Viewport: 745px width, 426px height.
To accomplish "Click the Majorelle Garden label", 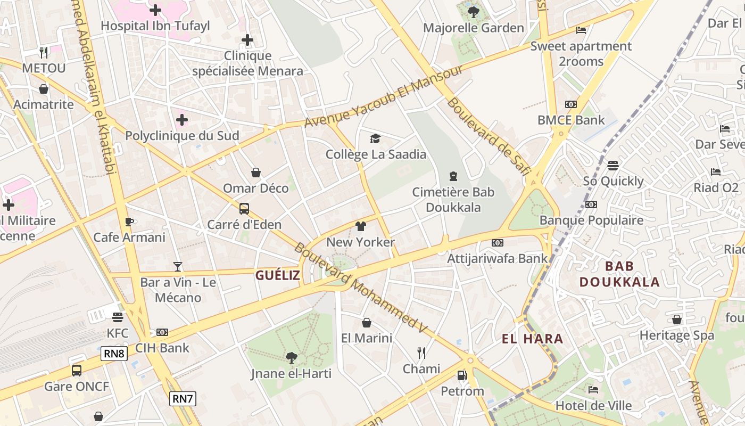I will coord(473,28).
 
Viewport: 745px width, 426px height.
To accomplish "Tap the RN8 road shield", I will coord(114,353).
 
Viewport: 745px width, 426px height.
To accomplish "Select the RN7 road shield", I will coord(183,398).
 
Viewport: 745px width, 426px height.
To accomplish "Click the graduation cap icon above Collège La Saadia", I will coord(376,138).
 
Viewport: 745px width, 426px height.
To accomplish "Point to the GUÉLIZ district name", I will coord(277,275).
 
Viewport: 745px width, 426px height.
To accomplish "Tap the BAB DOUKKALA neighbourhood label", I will coord(619,274).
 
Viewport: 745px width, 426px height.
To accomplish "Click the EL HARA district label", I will coord(532,339).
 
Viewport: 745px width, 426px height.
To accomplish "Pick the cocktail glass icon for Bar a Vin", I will coord(178,266).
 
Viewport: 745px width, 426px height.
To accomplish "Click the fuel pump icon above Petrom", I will coord(462,375).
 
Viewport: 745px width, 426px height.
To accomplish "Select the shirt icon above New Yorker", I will coord(360,226).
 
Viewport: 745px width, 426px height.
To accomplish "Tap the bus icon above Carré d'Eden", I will coord(244,209).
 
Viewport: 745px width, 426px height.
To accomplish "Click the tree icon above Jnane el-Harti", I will coord(291,358).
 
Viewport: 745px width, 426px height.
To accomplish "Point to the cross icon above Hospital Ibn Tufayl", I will coord(155,10).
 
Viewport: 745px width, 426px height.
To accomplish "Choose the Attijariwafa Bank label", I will coord(497,259).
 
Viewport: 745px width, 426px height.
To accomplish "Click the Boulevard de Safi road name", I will coord(489,136).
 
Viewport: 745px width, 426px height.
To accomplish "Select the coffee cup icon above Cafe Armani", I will coord(129,222).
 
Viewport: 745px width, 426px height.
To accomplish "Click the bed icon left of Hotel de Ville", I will coord(593,390).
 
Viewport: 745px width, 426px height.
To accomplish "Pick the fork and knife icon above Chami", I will coord(421,353).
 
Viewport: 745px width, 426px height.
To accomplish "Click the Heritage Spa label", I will coord(676,335).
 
